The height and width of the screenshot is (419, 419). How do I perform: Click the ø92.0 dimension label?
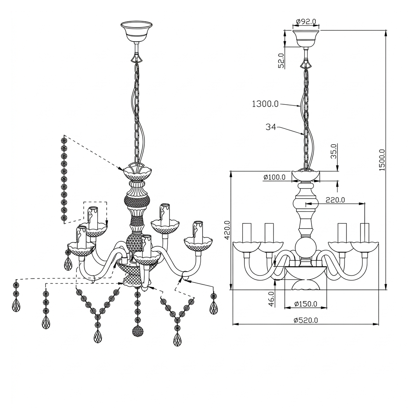(x=306, y=21)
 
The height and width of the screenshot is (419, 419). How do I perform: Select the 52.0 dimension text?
(x=281, y=61)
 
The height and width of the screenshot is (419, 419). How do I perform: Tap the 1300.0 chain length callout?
(x=265, y=104)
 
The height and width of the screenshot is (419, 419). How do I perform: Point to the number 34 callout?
(x=271, y=127)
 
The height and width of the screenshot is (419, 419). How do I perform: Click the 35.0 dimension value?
(x=334, y=151)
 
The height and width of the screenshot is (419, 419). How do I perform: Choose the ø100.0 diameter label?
(x=274, y=177)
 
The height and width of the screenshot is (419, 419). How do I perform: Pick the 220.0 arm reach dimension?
(x=335, y=200)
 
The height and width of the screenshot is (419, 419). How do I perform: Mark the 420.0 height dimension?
(x=227, y=230)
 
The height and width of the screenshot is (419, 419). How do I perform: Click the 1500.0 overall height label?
(x=382, y=160)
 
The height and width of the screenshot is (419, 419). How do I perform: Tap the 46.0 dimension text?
(x=271, y=299)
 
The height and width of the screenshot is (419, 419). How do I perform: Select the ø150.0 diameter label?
(x=306, y=304)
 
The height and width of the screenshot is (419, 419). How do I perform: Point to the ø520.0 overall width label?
(x=306, y=320)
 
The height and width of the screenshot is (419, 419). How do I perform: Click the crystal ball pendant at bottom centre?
(x=138, y=332)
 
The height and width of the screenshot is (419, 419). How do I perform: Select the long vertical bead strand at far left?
(x=64, y=179)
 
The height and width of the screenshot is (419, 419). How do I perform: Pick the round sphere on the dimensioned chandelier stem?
(x=306, y=247)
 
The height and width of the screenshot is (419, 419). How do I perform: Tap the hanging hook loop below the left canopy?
(x=137, y=58)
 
